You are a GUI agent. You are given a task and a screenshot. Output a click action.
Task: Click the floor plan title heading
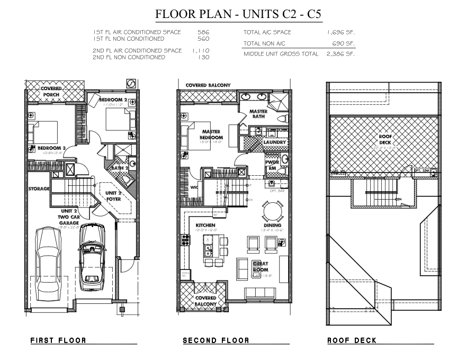click(x=238, y=14)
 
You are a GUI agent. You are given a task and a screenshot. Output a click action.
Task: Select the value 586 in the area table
click(x=203, y=32)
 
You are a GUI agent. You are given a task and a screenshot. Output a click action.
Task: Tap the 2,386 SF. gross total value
click(x=340, y=54)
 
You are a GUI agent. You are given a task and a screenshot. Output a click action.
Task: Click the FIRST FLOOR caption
click(x=58, y=340)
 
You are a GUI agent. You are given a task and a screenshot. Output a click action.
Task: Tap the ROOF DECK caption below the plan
click(x=352, y=340)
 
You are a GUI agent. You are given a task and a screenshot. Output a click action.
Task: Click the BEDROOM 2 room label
click(x=112, y=100)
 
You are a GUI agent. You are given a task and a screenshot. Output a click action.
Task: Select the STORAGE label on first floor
click(x=39, y=188)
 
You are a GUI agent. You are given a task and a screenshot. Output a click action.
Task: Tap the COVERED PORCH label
click(x=51, y=91)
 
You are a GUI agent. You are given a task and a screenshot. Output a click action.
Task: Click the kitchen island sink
click(x=209, y=247)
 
